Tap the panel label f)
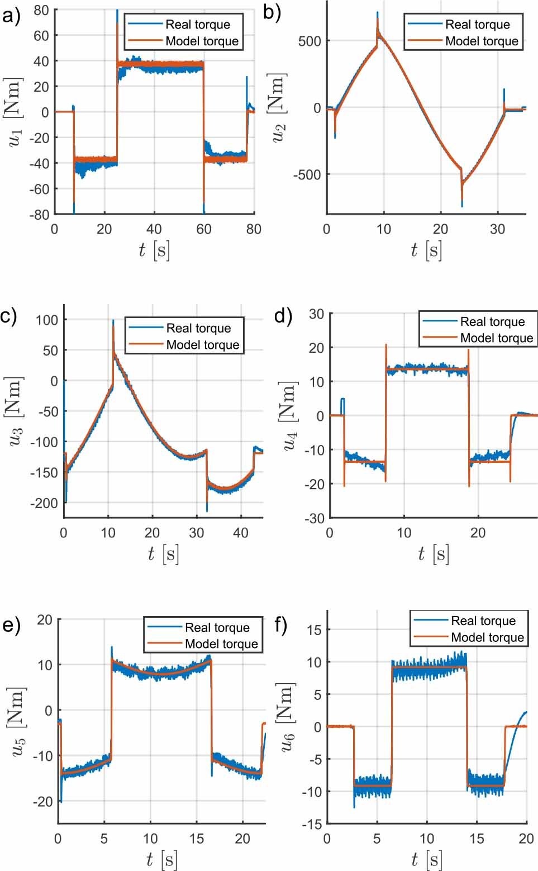[282, 624]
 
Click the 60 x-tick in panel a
[204, 229]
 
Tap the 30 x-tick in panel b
[497, 229]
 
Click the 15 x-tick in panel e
[197, 839]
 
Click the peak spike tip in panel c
[113, 321]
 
